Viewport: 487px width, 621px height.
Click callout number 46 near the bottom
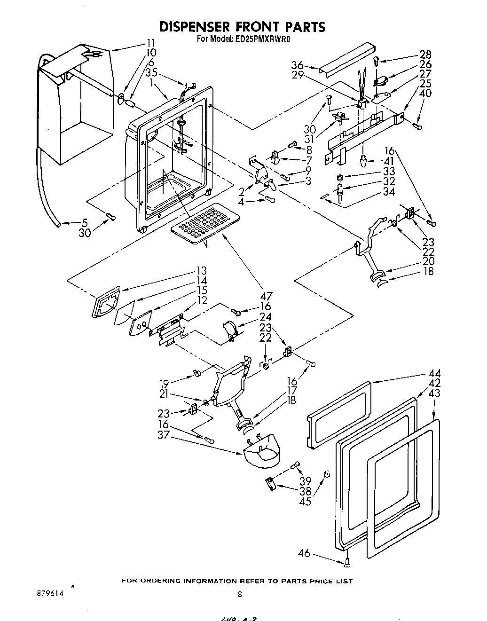pos(304,553)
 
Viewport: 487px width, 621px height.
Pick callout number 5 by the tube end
pos(84,222)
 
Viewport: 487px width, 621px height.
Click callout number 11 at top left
pos(150,44)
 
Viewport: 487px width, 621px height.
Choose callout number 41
pos(389,161)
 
